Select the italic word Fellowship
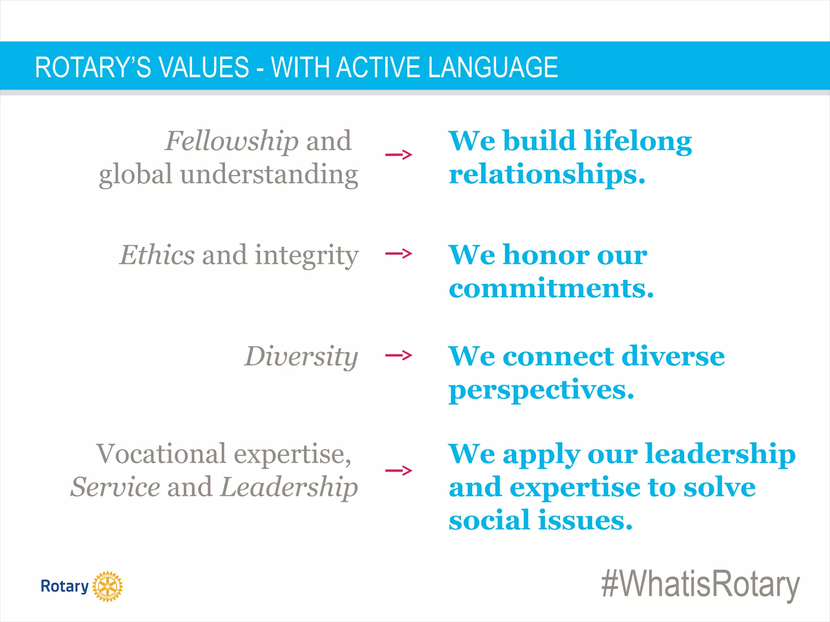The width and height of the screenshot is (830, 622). click(x=232, y=141)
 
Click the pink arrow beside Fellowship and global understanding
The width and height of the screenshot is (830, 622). click(x=398, y=154)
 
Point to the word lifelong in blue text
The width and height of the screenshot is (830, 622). click(x=638, y=141)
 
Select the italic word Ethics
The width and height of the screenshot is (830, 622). click(x=157, y=255)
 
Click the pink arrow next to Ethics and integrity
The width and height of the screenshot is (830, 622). click(x=398, y=254)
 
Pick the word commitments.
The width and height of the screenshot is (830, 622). click(x=551, y=288)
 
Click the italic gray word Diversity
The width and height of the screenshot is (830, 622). click(x=301, y=357)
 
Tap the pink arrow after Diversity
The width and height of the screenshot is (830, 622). click(x=398, y=356)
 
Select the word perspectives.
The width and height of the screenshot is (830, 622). click(x=541, y=390)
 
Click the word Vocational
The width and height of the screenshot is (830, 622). click(x=161, y=454)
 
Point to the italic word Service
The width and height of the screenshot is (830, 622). click(x=116, y=487)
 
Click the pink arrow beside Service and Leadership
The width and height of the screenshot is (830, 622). click(x=398, y=471)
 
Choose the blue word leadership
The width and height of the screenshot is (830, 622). click(x=720, y=454)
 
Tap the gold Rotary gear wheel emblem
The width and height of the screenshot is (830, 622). click(x=107, y=586)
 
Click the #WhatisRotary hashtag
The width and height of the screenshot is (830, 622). click(x=700, y=585)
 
